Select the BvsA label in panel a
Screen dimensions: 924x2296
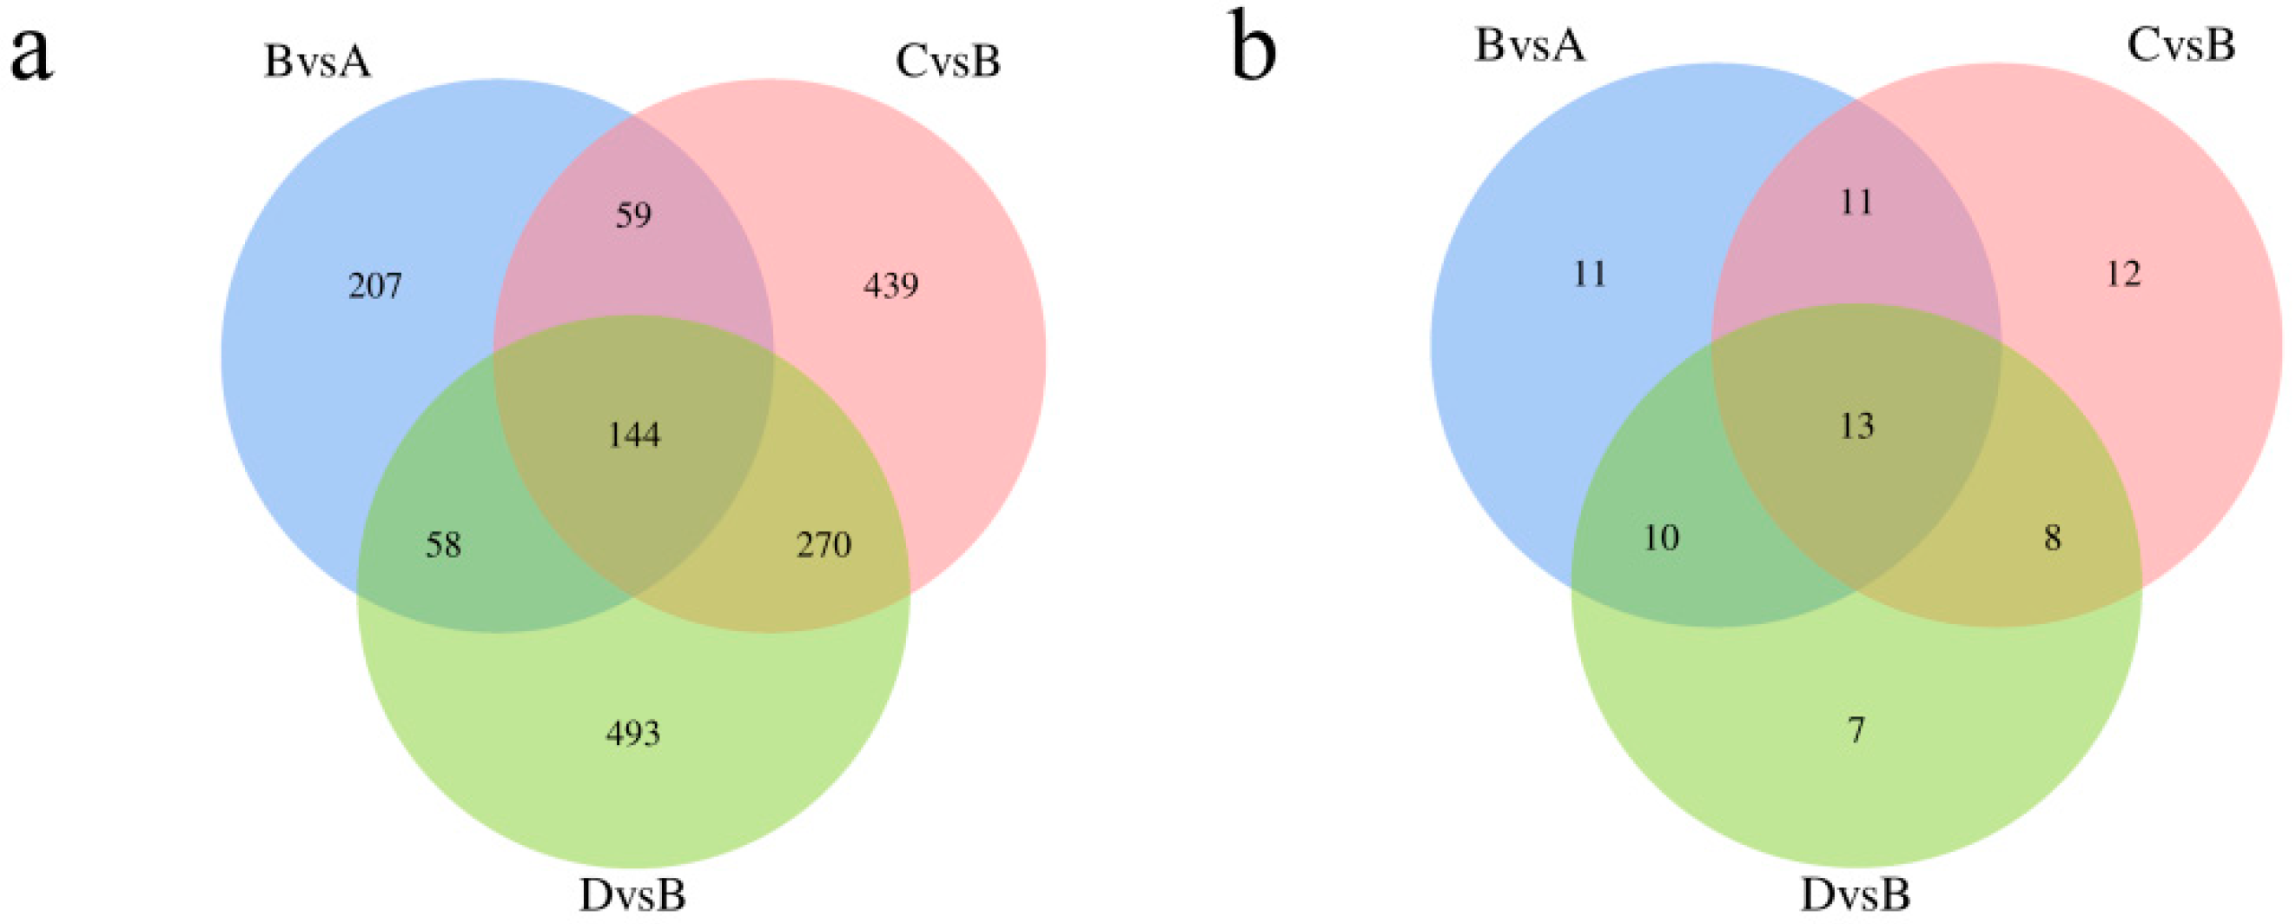pyautogui.click(x=317, y=63)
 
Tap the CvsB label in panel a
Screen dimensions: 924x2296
pyautogui.click(x=948, y=63)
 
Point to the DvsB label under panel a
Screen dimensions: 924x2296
pyautogui.click(x=632, y=895)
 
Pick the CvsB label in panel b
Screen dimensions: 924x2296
pyautogui.click(x=2181, y=44)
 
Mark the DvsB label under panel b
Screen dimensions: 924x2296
pyautogui.click(x=1856, y=895)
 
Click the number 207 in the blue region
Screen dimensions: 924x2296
pyautogui.click(x=375, y=286)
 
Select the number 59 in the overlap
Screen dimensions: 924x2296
pyautogui.click(x=633, y=215)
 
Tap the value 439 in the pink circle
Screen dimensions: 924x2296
pyautogui.click(x=891, y=286)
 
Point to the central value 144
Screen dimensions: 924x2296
pyautogui.click(x=633, y=435)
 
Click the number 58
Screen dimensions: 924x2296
pyautogui.click(x=443, y=545)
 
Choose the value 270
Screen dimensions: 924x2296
pyautogui.click(x=824, y=545)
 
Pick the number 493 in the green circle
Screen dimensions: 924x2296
pyautogui.click(x=632, y=733)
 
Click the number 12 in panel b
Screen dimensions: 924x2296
pyautogui.click(x=2123, y=274)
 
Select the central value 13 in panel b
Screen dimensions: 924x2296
pyautogui.click(x=1856, y=426)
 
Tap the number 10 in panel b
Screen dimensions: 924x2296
pyautogui.click(x=1661, y=538)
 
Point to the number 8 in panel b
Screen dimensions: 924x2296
pyautogui.click(x=2053, y=538)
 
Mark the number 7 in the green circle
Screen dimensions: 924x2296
pyautogui.click(x=1856, y=730)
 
